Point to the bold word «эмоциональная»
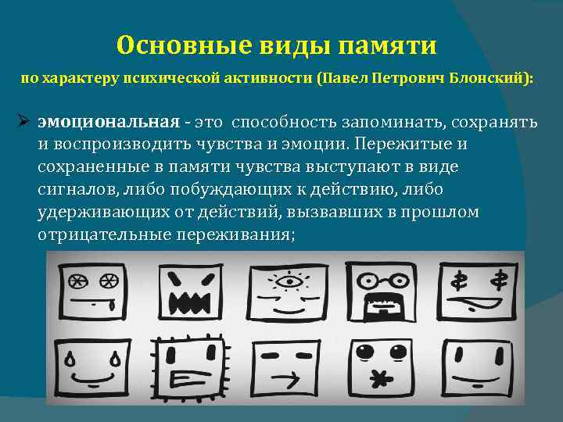tap(109, 124)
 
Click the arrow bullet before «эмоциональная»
tap(23, 124)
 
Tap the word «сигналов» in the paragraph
tap(72, 190)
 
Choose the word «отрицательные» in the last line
tap(93, 234)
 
